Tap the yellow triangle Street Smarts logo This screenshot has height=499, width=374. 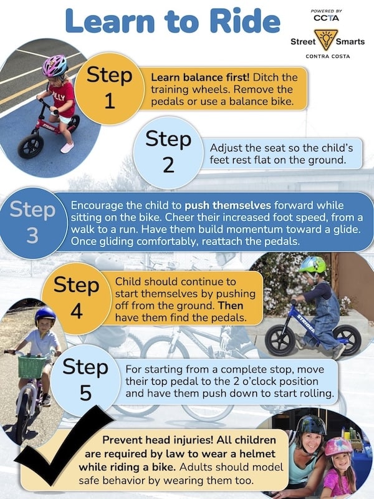click(326, 39)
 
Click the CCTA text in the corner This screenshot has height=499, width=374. click(326, 18)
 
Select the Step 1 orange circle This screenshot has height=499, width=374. click(109, 88)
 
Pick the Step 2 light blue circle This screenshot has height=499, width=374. click(168, 152)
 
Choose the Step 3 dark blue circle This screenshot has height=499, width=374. click(32, 223)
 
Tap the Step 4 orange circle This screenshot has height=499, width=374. click(76, 298)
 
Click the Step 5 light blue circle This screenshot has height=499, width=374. click(85, 380)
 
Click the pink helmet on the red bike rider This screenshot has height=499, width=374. click(55, 65)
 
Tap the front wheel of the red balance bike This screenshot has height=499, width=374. click(31, 146)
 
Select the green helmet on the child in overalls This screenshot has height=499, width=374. click(313, 264)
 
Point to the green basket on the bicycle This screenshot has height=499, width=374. click(32, 366)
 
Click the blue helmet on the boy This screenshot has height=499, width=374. click(45, 314)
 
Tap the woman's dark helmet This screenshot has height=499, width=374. click(311, 425)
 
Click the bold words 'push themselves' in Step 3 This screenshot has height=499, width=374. click(228, 205)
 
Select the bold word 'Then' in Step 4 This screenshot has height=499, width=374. click(231, 306)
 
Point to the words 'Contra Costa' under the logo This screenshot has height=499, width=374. click(328, 56)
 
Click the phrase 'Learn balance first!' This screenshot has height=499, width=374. click(200, 77)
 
